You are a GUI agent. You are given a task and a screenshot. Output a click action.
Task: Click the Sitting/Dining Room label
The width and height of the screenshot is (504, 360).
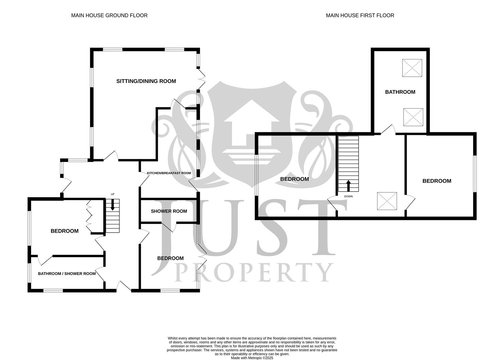(146, 81)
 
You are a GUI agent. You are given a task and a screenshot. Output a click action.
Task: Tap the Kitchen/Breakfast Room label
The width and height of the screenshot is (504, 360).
(169, 173)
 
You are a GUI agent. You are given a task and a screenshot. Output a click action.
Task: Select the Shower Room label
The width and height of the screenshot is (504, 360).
(169, 211)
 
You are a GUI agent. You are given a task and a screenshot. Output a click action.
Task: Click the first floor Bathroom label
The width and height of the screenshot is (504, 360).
(400, 92)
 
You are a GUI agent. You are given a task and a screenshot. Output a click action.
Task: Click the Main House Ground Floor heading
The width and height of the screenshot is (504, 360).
(109, 15)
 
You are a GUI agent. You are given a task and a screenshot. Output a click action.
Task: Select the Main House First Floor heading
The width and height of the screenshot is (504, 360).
(360, 15)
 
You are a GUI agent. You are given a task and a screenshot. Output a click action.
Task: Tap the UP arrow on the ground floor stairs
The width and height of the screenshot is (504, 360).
(112, 204)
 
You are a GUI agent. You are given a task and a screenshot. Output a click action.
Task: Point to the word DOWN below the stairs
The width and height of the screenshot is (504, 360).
(348, 196)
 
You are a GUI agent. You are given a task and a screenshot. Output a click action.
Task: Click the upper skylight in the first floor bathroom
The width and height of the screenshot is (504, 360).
(412, 68)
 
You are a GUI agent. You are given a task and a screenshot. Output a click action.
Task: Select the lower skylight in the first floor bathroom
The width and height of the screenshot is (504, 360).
(413, 117)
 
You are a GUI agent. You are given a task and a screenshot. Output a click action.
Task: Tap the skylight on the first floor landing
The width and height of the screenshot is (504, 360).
(387, 201)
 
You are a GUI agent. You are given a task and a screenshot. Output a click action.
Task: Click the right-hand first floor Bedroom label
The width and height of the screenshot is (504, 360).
(437, 181)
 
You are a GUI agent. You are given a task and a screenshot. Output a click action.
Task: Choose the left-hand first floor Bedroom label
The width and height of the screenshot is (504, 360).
(294, 179)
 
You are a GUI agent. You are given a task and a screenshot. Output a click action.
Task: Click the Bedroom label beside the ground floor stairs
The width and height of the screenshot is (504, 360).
(64, 231)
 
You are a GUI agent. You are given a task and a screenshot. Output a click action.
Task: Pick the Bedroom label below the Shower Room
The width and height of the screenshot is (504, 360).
(170, 258)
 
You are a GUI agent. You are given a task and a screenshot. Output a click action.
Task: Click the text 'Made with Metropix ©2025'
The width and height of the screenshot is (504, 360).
(252, 358)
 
